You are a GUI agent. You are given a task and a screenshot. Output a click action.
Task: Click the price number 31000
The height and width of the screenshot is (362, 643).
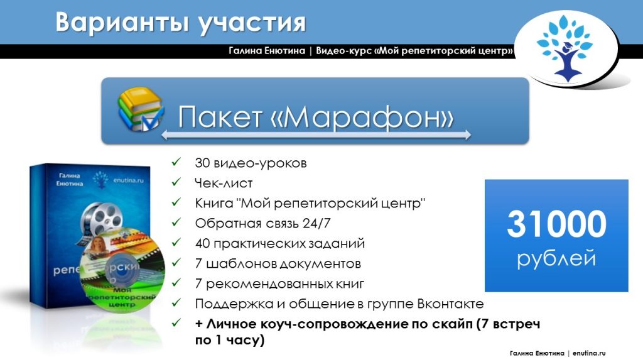556,224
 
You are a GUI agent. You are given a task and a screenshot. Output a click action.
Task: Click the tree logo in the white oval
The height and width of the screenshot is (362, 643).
565,48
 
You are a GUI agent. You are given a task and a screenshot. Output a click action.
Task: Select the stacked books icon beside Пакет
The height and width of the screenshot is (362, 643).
141,109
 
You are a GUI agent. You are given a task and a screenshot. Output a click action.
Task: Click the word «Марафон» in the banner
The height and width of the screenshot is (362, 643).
362,118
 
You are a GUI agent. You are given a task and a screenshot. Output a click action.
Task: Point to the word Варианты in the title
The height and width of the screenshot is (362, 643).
122,22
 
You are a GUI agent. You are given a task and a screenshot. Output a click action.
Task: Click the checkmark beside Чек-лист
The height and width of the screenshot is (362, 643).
176,182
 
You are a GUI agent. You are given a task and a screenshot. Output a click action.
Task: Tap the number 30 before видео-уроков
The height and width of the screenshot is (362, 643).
202,163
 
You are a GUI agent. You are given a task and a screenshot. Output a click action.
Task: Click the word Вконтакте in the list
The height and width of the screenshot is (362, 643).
450,304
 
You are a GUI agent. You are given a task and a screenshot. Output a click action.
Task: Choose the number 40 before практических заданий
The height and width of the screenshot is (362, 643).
203,243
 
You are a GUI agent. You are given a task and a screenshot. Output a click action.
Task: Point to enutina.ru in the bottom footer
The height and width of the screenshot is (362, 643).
589,353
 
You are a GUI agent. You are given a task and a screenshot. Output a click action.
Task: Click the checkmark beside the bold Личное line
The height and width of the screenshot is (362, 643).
176,323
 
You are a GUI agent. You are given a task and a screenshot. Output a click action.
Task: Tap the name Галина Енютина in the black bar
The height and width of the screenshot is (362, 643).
267,51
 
